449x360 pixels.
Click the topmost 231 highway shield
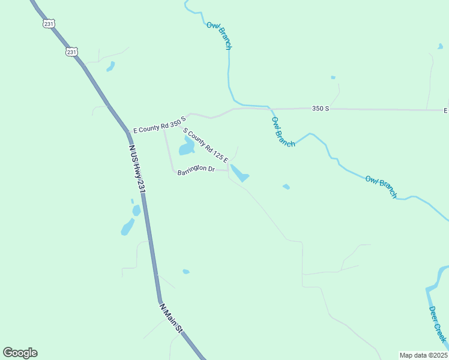[x=49, y=23]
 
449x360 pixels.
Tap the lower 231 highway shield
[x=71, y=52]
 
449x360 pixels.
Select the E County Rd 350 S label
[x=157, y=125]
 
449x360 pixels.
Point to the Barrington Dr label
[x=196, y=169]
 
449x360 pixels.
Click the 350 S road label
[x=321, y=108]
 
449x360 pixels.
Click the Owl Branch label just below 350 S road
[x=283, y=131]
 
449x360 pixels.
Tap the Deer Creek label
[x=438, y=325]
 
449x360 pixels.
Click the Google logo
[x=20, y=353]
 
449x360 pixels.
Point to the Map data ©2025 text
[x=423, y=355]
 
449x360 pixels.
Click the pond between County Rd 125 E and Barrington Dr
[x=186, y=146]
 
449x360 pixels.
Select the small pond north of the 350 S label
[x=333, y=77]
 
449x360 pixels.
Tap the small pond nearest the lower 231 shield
[x=110, y=66]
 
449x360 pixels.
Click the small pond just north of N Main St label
[x=186, y=272]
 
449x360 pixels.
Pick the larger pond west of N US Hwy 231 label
[x=128, y=227]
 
